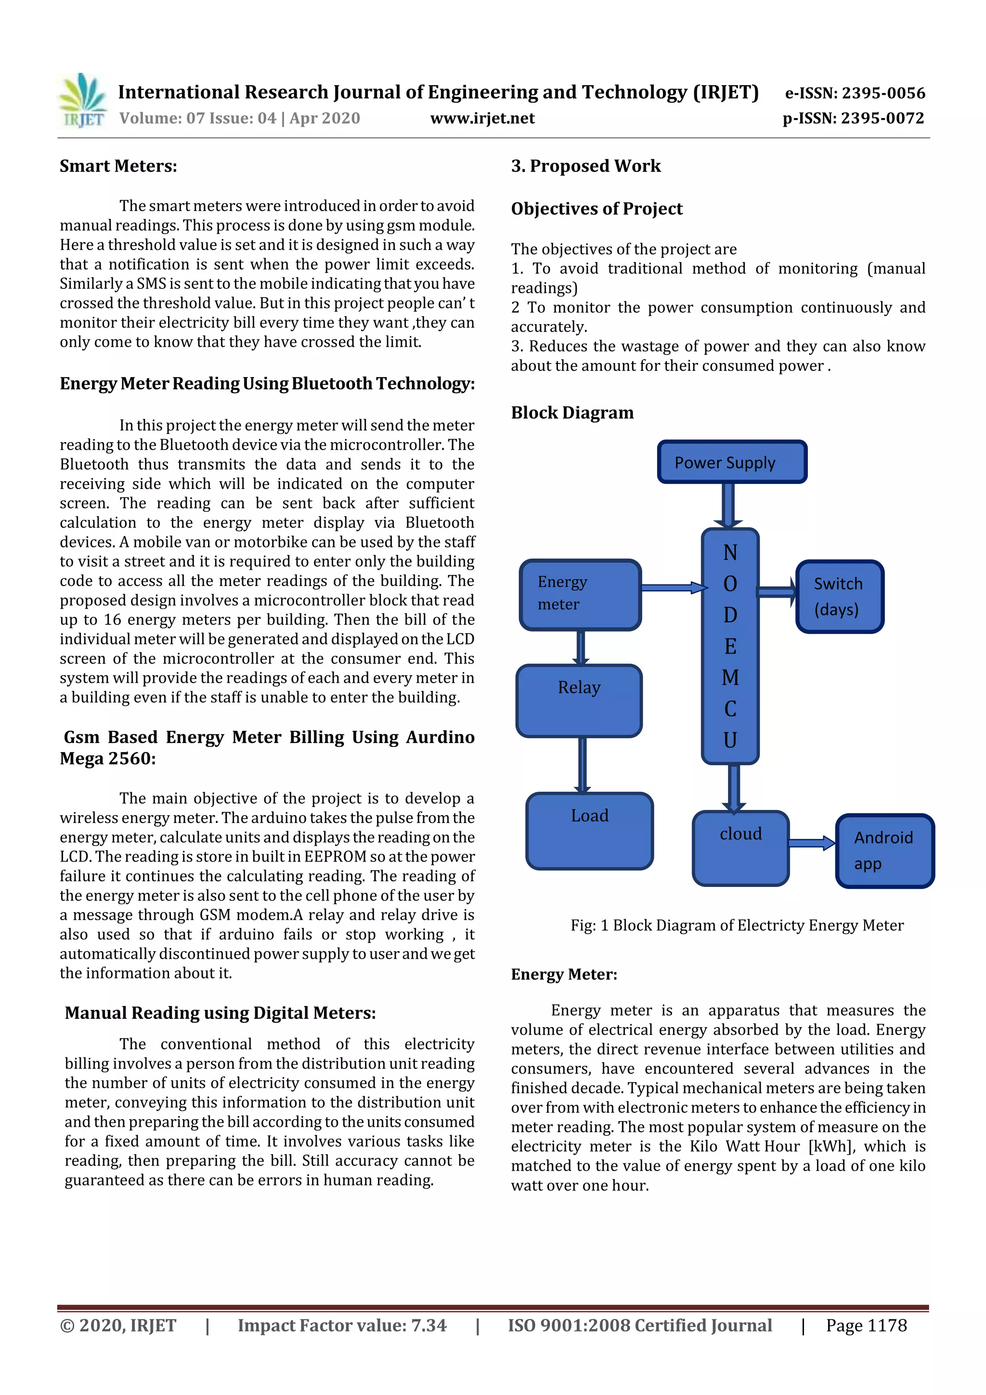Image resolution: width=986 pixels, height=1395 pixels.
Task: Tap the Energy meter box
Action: [x=580, y=594]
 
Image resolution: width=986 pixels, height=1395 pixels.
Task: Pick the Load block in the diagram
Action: [x=589, y=830]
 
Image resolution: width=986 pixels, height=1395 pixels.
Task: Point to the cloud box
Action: [x=740, y=847]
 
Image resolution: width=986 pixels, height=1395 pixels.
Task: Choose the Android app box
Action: [x=884, y=850]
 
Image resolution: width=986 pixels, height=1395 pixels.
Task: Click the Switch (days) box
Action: [x=839, y=597]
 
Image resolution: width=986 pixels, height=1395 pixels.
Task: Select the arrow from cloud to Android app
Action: [x=812, y=843]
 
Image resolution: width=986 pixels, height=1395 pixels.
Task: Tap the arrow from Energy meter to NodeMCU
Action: [x=674, y=587]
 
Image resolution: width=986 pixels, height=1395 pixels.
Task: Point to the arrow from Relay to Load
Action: [x=582, y=765]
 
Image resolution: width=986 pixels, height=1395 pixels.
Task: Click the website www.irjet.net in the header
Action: [x=482, y=118]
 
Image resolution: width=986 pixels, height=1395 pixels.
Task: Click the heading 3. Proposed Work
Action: [x=585, y=166]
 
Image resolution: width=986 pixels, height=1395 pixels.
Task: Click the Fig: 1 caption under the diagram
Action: [x=736, y=926]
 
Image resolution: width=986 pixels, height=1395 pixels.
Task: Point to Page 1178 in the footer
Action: [x=866, y=1326]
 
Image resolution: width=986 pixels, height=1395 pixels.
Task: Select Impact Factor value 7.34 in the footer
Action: [x=342, y=1326]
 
